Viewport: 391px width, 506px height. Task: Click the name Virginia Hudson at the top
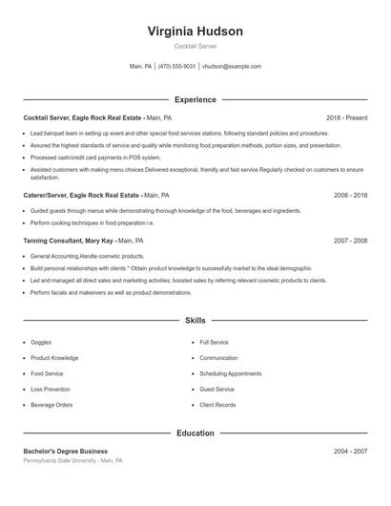(x=195, y=32)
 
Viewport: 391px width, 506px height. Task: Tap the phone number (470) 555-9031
(x=177, y=67)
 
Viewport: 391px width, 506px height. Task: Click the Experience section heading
(x=195, y=99)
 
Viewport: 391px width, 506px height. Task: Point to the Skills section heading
(x=195, y=322)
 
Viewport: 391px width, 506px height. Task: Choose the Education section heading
(x=195, y=433)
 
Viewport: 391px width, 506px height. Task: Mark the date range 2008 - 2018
(x=350, y=194)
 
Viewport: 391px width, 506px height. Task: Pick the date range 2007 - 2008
(x=350, y=242)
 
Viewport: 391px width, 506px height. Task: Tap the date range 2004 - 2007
(x=350, y=451)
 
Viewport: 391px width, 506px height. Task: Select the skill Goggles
(x=42, y=342)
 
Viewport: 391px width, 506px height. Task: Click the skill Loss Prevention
(x=51, y=390)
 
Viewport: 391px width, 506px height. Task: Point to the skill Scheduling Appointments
(x=230, y=373)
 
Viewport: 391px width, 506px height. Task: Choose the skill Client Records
(x=217, y=405)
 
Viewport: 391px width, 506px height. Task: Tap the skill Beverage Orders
(x=51, y=405)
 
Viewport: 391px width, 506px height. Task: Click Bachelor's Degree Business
(x=66, y=451)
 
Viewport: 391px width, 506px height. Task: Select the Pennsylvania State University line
(x=73, y=460)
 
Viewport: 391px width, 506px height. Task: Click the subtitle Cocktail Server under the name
(x=195, y=47)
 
